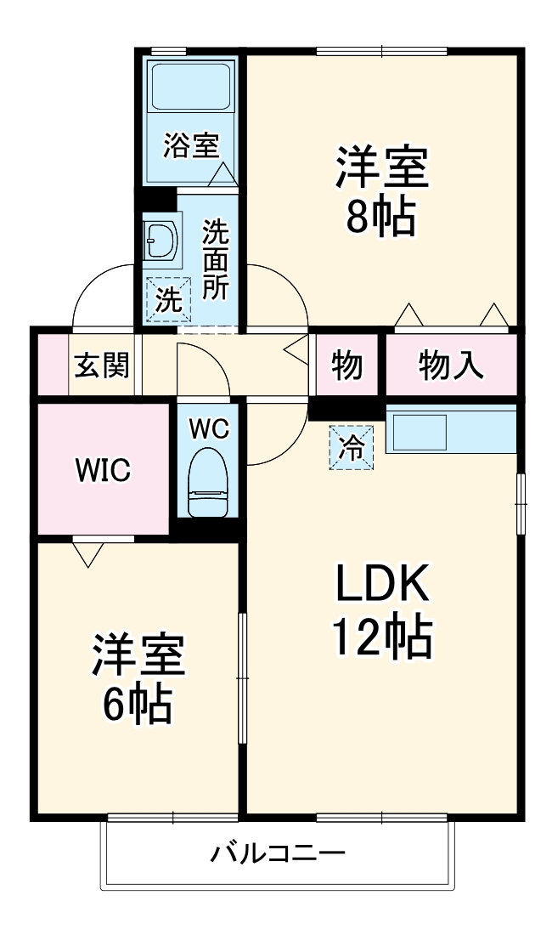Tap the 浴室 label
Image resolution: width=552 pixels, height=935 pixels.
191,144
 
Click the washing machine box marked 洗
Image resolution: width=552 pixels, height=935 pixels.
168,300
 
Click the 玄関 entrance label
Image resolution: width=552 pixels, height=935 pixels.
102,365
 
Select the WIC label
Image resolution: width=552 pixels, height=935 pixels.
103,470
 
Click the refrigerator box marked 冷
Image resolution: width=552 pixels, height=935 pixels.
352,447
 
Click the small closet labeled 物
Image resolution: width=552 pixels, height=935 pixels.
347,365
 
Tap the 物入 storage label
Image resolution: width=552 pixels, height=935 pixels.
451,365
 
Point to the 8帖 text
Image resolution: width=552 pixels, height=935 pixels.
381,216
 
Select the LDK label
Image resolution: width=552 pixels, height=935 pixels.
381,582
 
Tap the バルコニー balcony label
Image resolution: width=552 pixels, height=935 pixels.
278,854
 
